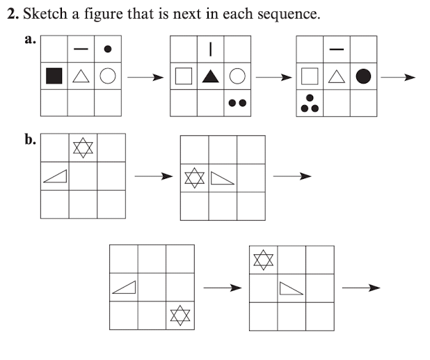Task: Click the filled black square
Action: (x=54, y=77)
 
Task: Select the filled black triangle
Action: (x=210, y=77)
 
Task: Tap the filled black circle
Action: (x=363, y=76)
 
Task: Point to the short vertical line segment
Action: (x=210, y=49)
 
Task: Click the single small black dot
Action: (x=107, y=49)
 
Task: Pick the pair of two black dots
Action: (x=237, y=102)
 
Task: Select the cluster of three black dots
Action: (x=310, y=104)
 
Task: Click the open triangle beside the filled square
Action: (x=81, y=77)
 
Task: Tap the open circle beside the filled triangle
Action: (x=237, y=77)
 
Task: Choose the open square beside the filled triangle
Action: (x=184, y=77)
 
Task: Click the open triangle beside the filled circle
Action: (x=337, y=77)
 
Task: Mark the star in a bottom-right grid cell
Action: (x=180, y=315)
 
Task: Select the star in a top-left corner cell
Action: (x=263, y=260)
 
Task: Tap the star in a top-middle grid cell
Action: (x=83, y=148)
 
